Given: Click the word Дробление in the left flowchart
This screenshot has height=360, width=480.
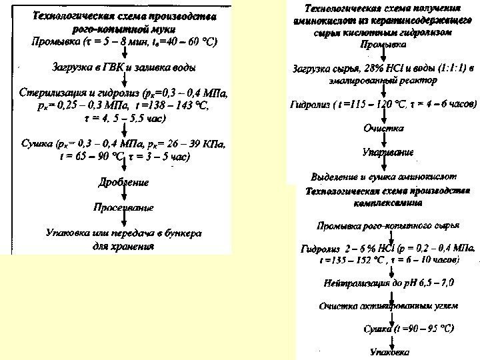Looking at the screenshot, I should point(124,182).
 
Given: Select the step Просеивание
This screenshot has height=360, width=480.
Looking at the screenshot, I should point(124,207).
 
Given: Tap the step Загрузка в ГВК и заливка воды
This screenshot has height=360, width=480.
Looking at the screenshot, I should point(124,67).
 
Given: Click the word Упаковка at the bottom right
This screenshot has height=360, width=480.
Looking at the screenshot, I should point(391,351).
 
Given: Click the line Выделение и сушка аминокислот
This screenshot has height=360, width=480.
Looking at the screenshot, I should point(383,177).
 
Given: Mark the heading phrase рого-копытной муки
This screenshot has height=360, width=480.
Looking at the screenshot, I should point(124,29).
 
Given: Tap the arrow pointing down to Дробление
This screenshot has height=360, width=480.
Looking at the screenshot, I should point(124,169).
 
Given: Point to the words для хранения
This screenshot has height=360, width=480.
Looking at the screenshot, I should point(124,245).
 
